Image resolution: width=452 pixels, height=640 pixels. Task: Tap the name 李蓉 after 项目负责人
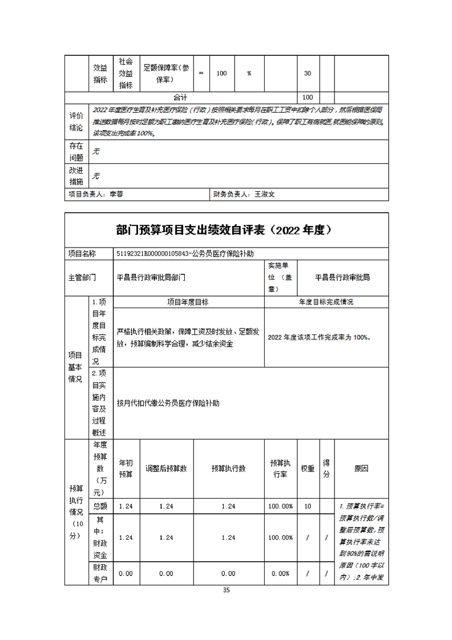[116, 194]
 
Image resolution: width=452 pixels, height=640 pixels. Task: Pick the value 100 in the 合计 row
[308, 98]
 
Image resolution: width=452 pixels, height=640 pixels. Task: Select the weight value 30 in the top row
[308, 73]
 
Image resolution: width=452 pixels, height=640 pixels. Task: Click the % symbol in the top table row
[249, 73]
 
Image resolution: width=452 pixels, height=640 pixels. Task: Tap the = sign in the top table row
[201, 73]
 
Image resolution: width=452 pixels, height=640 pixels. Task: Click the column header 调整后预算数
[167, 468]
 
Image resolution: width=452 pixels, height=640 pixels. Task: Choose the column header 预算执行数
[228, 468]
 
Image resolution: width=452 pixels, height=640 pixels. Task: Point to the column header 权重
[308, 468]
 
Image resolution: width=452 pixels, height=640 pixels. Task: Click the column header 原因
[361, 468]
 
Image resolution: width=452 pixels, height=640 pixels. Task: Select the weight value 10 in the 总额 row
[308, 506]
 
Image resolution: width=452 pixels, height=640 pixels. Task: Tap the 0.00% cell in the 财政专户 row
[280, 573]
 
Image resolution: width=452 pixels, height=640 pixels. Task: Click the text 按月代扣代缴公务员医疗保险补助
[168, 403]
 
